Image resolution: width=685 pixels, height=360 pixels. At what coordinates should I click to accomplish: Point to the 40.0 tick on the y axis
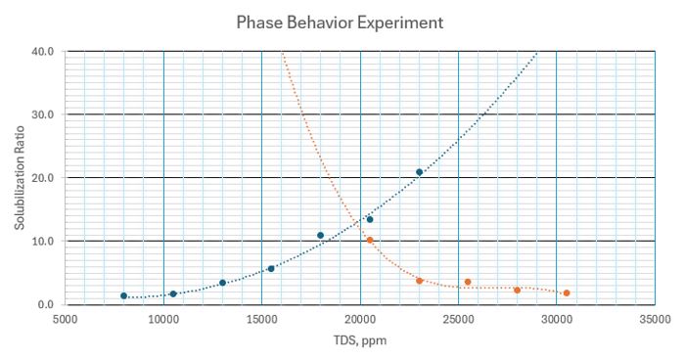pos(43,51)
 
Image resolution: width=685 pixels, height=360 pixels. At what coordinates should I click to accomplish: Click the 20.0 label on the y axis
pos(43,178)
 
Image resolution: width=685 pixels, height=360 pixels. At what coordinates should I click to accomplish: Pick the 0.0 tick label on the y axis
pos(46,304)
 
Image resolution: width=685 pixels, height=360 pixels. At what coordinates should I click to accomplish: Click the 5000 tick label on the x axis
pos(65,318)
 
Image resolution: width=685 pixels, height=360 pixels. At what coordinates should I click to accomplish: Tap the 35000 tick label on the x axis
pos(655,318)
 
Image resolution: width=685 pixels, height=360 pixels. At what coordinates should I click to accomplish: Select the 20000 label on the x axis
pos(360,318)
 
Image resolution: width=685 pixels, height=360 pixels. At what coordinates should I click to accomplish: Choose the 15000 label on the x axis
pos(261,318)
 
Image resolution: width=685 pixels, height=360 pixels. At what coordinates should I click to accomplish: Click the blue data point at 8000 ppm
pos(124,295)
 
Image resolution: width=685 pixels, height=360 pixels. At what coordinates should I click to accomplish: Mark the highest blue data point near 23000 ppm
pos(419,172)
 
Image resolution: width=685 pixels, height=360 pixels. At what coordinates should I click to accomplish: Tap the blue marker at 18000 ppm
pos(321,235)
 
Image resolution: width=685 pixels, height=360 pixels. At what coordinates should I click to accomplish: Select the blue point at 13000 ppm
pos(222,283)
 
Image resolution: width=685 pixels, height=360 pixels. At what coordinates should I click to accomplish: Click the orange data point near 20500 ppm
pos(370,240)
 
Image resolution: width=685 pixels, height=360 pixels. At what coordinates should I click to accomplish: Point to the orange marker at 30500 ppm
pos(567,292)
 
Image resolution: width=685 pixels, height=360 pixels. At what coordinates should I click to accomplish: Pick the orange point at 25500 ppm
pos(468,282)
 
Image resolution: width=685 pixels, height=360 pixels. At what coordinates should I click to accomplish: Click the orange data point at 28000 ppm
pos(518,290)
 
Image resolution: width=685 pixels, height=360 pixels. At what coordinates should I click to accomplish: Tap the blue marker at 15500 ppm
pos(271,268)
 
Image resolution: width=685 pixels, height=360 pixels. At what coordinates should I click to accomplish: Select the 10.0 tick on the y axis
pos(43,241)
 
